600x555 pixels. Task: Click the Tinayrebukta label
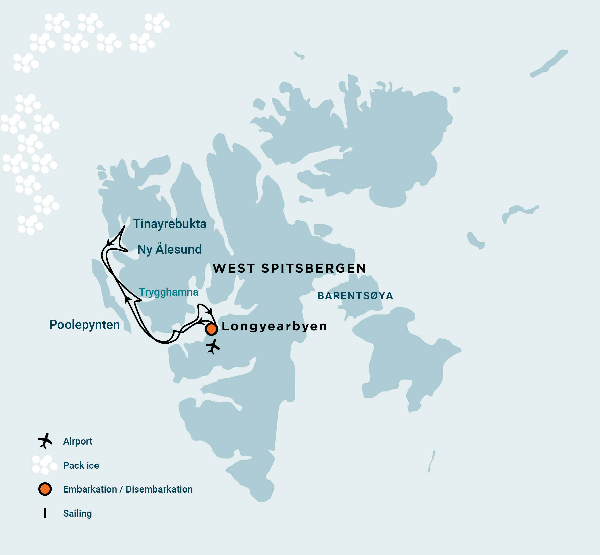click(x=170, y=224)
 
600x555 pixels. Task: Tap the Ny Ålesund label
click(x=169, y=249)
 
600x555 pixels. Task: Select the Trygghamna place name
click(x=168, y=292)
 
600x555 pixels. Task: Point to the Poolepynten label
click(x=84, y=325)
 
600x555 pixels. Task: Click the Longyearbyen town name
click(x=274, y=326)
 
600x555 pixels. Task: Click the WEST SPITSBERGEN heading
click(x=289, y=268)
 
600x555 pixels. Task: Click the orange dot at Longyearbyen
click(x=211, y=329)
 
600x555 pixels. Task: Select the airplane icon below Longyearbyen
click(x=213, y=346)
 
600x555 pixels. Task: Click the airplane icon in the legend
click(x=45, y=441)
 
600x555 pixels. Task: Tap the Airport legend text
click(x=77, y=441)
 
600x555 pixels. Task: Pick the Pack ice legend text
click(x=81, y=465)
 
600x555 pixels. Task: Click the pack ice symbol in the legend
click(x=44, y=465)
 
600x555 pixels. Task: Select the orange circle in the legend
click(x=45, y=489)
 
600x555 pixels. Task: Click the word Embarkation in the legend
click(x=90, y=489)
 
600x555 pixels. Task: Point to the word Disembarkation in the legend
click(x=159, y=489)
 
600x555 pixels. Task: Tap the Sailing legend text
click(x=77, y=513)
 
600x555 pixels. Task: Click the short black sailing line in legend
click(x=45, y=513)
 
